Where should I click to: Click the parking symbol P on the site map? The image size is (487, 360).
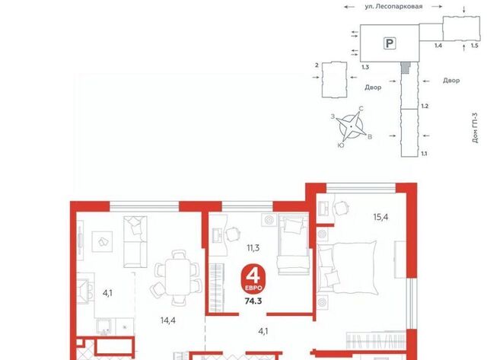coord(390,43)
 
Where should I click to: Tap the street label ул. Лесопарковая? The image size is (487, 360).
coord(393,6)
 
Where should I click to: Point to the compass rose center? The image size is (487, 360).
coord(351,127)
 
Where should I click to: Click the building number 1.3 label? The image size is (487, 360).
coord(365,67)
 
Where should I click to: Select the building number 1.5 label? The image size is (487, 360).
coord(474,46)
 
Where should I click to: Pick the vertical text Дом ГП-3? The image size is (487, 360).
coord(475,128)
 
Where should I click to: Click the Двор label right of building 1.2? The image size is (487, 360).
coord(451,81)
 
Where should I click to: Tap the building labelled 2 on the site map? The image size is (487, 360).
coord(334,80)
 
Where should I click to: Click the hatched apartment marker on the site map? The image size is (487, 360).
coord(405,68)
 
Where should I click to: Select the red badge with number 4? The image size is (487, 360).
coord(253,279)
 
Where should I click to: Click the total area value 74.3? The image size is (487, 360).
coord(253,301)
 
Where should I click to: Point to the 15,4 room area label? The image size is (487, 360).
coord(380,217)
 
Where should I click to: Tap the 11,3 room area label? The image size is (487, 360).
coord(253,248)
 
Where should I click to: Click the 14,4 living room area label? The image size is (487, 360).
coord(168,320)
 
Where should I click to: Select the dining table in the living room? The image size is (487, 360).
coord(177,277)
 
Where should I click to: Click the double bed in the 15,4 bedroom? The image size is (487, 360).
coord(347,267)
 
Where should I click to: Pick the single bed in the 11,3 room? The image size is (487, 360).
coord(294,244)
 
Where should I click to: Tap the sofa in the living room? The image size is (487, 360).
coord(135,242)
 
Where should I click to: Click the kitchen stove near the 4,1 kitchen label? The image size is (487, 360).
coord(83,291)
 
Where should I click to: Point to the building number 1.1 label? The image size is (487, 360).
coord(424,154)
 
